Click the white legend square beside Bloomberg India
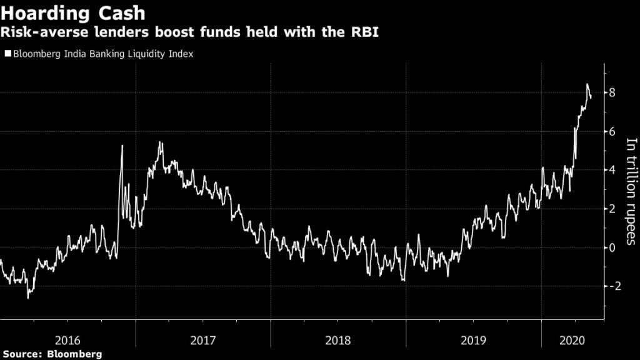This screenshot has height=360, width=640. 7,54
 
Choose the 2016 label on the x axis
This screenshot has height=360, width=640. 67,341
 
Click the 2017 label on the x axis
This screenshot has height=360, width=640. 203,341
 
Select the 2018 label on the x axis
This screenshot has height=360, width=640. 338,341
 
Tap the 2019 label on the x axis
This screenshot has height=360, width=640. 474,341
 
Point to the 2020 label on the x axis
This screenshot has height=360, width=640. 572,341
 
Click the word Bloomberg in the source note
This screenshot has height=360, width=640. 75,354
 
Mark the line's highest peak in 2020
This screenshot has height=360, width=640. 587,84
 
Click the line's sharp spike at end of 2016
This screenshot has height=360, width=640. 122,146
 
